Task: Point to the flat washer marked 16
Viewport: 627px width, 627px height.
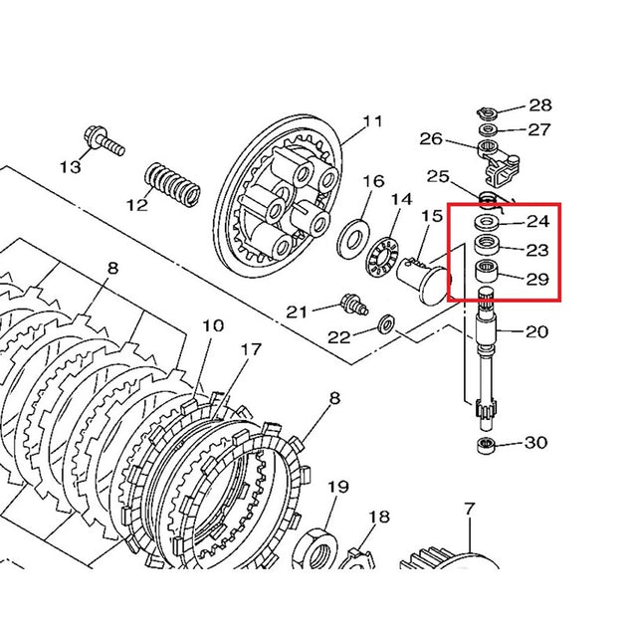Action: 351,238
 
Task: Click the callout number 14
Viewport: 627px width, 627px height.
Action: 400,199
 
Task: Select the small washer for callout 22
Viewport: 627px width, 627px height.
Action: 387,322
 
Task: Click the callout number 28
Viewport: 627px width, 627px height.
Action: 538,105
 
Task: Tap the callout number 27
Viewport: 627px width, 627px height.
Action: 538,129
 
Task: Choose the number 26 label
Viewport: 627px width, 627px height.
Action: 430,138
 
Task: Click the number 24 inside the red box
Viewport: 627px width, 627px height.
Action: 536,221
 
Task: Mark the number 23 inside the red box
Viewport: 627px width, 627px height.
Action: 536,251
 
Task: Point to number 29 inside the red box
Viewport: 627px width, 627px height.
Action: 536,280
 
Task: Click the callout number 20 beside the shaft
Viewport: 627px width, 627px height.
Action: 536,332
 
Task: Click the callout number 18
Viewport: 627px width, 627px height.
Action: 378,518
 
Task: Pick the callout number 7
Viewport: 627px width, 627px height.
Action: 469,512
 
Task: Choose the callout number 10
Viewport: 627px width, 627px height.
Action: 212,326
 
